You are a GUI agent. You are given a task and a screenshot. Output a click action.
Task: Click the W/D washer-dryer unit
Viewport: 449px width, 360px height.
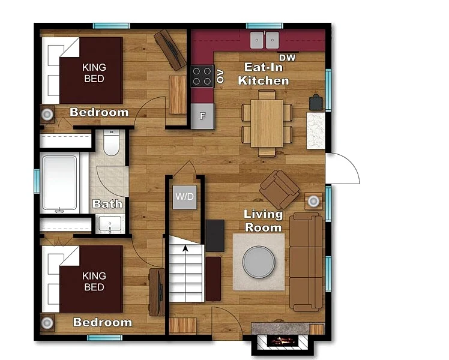(185, 197)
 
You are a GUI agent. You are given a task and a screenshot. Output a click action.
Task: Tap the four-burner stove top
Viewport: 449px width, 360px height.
(202, 76)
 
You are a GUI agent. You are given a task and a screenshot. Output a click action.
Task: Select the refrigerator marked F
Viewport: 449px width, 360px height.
(202, 116)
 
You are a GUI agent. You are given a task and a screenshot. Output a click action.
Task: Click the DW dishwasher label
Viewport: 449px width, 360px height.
(287, 58)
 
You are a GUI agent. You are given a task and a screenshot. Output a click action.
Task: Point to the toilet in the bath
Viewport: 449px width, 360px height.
(111, 143)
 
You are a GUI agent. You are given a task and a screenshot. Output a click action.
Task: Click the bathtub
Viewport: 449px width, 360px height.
(59, 183)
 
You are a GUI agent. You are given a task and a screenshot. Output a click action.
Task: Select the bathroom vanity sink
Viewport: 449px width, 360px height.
(110, 223)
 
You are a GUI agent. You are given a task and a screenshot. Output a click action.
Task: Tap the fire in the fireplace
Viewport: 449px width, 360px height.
(283, 341)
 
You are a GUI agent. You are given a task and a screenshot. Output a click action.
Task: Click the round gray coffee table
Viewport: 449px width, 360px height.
(259, 262)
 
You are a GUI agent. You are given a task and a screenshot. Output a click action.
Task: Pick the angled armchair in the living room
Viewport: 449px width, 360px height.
(279, 189)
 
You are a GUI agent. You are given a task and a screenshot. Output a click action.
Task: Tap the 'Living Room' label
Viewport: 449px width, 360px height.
(263, 221)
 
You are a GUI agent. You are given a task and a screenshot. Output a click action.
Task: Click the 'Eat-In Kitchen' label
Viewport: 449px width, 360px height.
(264, 74)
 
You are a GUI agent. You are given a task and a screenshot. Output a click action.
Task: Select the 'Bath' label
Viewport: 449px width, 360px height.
(107, 204)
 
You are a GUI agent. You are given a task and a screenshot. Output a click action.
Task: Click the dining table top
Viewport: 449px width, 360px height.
(267, 124)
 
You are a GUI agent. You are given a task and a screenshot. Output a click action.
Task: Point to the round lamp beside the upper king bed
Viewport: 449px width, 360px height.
(47, 115)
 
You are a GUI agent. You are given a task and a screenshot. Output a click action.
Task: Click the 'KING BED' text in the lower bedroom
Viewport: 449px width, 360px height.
(94, 281)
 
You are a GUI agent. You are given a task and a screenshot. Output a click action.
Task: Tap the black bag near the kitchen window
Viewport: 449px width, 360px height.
(316, 103)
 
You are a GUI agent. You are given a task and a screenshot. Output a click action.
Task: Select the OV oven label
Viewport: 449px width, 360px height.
(220, 76)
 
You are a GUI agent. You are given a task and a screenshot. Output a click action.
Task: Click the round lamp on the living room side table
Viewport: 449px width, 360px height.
(313, 201)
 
